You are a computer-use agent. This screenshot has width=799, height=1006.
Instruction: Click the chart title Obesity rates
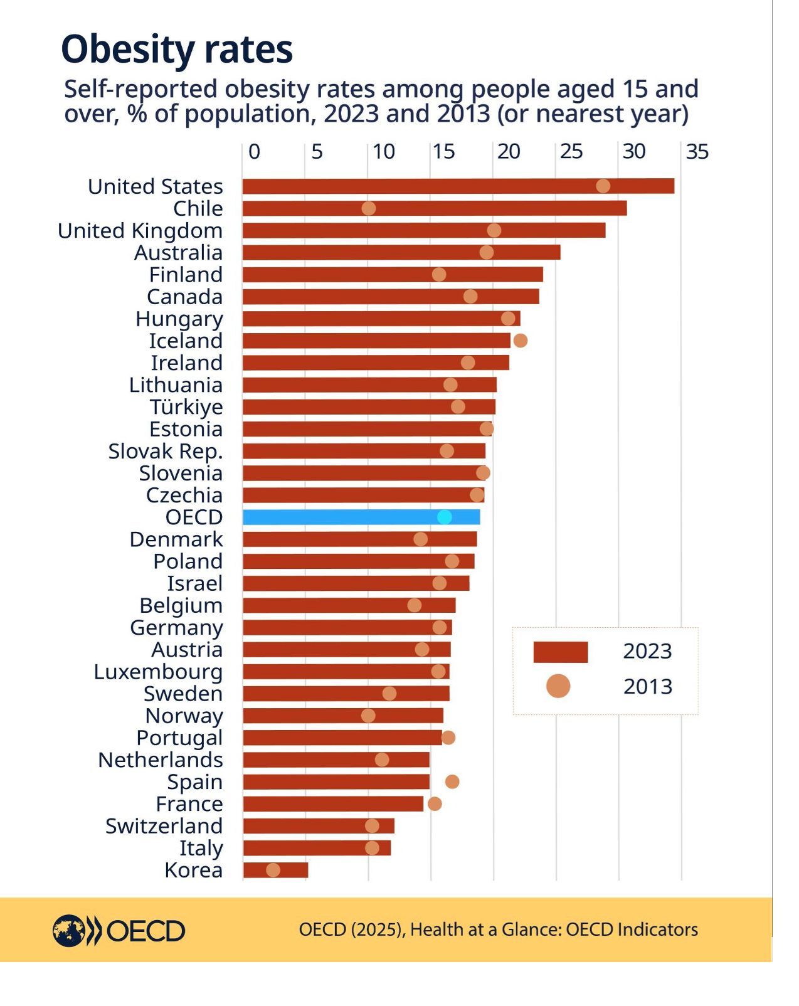point(177,50)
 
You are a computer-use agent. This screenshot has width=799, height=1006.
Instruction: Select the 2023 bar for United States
point(458,186)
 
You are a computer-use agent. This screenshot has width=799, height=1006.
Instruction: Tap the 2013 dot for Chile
point(369,208)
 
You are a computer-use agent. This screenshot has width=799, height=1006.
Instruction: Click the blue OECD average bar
point(361,517)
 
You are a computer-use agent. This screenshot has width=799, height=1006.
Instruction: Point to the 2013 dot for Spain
point(452,781)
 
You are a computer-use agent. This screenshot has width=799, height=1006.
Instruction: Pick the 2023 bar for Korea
point(275,870)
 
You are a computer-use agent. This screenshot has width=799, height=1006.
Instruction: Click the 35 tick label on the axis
point(697,152)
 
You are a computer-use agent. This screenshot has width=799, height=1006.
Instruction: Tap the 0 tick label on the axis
point(254,152)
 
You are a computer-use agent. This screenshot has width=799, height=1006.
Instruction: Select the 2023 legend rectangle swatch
point(560,652)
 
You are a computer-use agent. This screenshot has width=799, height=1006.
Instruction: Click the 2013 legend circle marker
point(558,686)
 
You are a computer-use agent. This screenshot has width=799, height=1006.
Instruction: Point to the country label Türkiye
point(186,407)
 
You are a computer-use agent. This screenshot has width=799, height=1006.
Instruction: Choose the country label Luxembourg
point(158,672)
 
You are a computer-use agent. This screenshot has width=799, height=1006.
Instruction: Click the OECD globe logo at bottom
point(68,930)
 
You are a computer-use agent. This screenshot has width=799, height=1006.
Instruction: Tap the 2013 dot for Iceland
point(520,341)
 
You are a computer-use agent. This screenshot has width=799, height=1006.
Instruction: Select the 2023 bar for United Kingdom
point(424,230)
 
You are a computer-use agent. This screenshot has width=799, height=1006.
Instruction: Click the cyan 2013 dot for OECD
point(445,517)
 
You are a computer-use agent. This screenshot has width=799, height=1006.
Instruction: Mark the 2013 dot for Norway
point(368,716)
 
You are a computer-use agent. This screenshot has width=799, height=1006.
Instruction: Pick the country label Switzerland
point(164,826)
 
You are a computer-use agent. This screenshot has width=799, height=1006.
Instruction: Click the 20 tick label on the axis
point(509,152)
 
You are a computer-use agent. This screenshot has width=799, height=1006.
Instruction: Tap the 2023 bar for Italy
point(317,848)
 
